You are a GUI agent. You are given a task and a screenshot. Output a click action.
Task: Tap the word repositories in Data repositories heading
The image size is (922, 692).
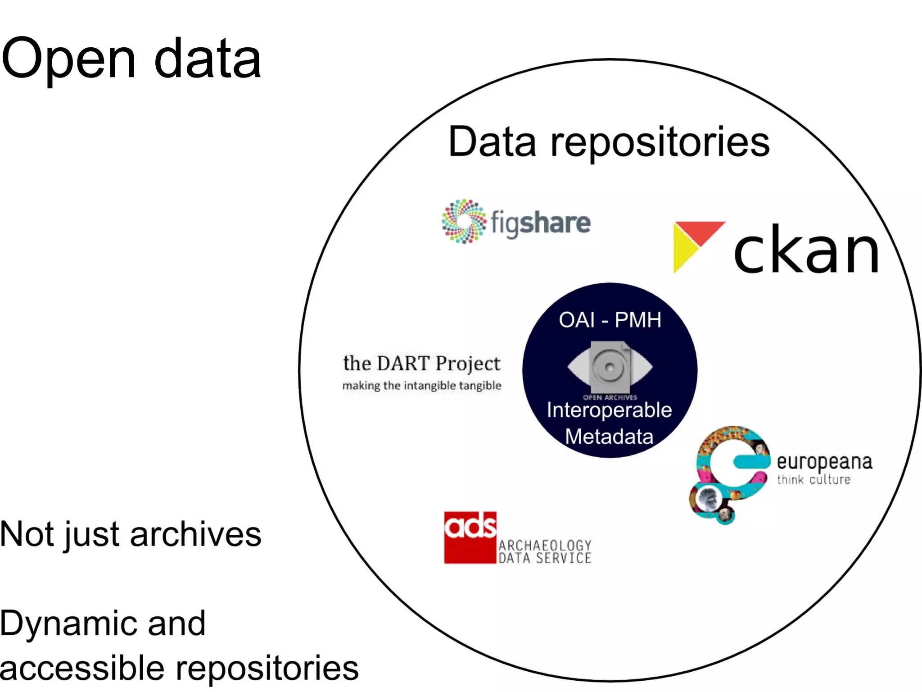pyautogui.click(x=660, y=142)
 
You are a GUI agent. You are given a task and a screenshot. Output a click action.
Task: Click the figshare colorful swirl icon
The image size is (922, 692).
pyautogui.click(x=464, y=221)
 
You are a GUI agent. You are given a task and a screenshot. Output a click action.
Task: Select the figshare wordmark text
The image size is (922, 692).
pyautogui.click(x=540, y=223)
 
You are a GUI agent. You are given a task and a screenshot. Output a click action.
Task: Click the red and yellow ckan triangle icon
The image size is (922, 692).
pyautogui.click(x=693, y=243)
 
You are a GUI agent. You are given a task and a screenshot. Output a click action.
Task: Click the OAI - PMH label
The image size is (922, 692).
pyautogui.click(x=610, y=320)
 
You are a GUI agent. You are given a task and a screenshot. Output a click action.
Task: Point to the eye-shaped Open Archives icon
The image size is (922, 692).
pyautogui.click(x=610, y=367)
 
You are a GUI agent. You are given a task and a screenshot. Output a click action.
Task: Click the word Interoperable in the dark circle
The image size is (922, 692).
pyautogui.click(x=609, y=410)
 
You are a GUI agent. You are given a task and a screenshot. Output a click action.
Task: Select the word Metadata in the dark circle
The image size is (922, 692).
pyautogui.click(x=609, y=437)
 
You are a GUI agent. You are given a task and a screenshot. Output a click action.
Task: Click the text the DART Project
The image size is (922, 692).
pyautogui.click(x=421, y=363)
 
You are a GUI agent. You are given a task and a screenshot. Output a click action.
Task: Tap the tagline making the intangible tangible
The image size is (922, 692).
pyautogui.click(x=421, y=386)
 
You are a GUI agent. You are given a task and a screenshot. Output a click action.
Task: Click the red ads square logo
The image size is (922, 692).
pyautogui.click(x=470, y=537)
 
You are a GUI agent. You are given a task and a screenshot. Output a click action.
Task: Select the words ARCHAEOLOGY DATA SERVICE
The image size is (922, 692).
pyautogui.click(x=545, y=552)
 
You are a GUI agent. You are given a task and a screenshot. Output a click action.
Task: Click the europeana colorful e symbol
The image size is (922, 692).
pyautogui.click(x=729, y=473)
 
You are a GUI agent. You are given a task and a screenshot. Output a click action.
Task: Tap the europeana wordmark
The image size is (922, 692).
pyautogui.click(x=824, y=462)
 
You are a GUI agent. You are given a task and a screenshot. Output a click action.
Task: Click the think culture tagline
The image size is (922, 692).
pyautogui.click(x=814, y=479)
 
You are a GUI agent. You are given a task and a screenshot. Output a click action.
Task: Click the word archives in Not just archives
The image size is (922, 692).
pyautogui.click(x=195, y=534)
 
